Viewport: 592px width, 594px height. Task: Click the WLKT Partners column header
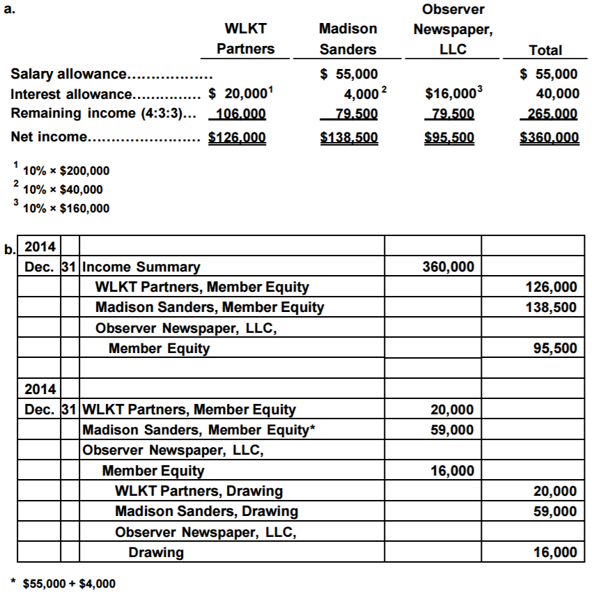tap(245, 39)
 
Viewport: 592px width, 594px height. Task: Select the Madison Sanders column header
tap(348, 39)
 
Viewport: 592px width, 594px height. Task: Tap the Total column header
tap(545, 50)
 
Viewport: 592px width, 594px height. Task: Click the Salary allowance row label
tap(111, 74)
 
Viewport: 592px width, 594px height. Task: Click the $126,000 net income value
tap(237, 137)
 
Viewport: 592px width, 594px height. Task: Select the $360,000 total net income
tap(550, 137)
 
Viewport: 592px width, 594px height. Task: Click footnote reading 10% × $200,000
tap(66, 171)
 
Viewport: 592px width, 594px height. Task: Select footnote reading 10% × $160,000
tap(66, 208)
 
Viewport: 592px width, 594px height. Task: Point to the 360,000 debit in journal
tap(448, 267)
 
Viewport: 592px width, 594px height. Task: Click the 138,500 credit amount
tap(551, 307)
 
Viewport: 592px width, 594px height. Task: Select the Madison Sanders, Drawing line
tap(206, 511)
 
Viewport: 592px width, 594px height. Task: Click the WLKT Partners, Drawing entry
tap(198, 491)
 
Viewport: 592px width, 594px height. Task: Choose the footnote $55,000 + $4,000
tap(69, 584)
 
